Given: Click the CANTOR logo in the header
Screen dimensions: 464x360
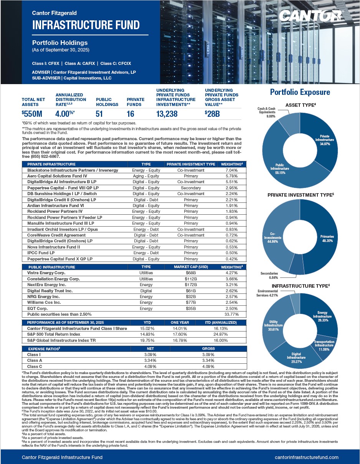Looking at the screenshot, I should pos(310,16).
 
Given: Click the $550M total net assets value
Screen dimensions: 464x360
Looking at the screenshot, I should pos(32,114).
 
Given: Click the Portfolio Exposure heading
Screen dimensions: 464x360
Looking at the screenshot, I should pos(300,92).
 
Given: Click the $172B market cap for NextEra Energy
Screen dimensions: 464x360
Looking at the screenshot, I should pos(191,285).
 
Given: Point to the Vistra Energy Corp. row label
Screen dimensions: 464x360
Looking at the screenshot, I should pos(46,273).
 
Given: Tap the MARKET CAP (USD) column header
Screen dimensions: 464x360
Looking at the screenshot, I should pos(191,267).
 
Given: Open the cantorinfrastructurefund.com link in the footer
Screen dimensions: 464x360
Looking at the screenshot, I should pos(307,457).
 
